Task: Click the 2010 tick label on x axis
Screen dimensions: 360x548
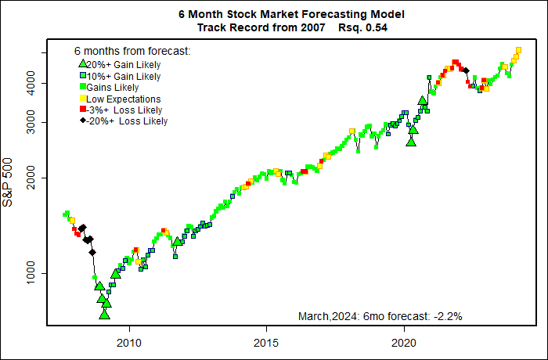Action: click(x=129, y=341)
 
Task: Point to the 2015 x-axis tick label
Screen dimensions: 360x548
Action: click(x=267, y=341)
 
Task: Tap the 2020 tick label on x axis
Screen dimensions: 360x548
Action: click(x=404, y=341)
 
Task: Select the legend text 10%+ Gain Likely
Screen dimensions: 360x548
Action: click(x=124, y=77)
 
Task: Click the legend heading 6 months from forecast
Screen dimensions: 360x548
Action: click(x=132, y=52)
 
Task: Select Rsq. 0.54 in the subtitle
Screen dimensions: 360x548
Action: click(x=363, y=27)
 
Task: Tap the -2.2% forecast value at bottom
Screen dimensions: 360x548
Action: click(x=446, y=317)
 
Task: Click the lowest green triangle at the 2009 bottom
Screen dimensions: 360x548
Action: click(x=105, y=315)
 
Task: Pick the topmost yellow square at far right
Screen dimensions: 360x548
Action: click(x=518, y=50)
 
